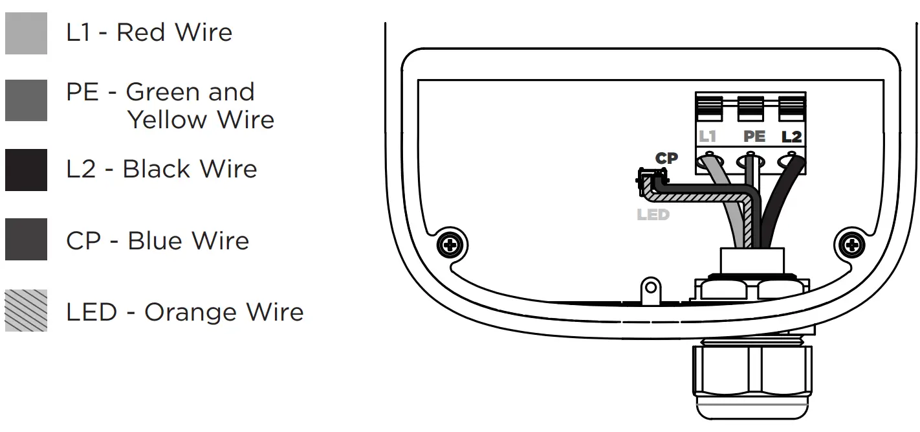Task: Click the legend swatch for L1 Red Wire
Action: click(26, 34)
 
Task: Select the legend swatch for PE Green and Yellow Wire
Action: click(26, 100)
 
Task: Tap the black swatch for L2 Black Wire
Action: click(26, 170)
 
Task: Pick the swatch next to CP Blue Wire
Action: click(26, 240)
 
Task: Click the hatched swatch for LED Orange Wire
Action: click(26, 310)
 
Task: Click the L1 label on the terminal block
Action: click(707, 137)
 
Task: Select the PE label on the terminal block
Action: click(754, 137)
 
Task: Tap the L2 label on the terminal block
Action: click(791, 137)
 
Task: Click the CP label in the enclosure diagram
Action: click(666, 159)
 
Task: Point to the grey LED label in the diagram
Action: click(652, 214)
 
